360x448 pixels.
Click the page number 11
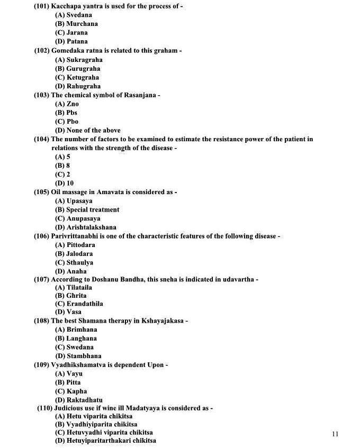point(335,434)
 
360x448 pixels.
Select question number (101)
point(42,6)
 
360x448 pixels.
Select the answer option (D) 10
point(65,184)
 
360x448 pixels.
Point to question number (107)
point(42,279)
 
